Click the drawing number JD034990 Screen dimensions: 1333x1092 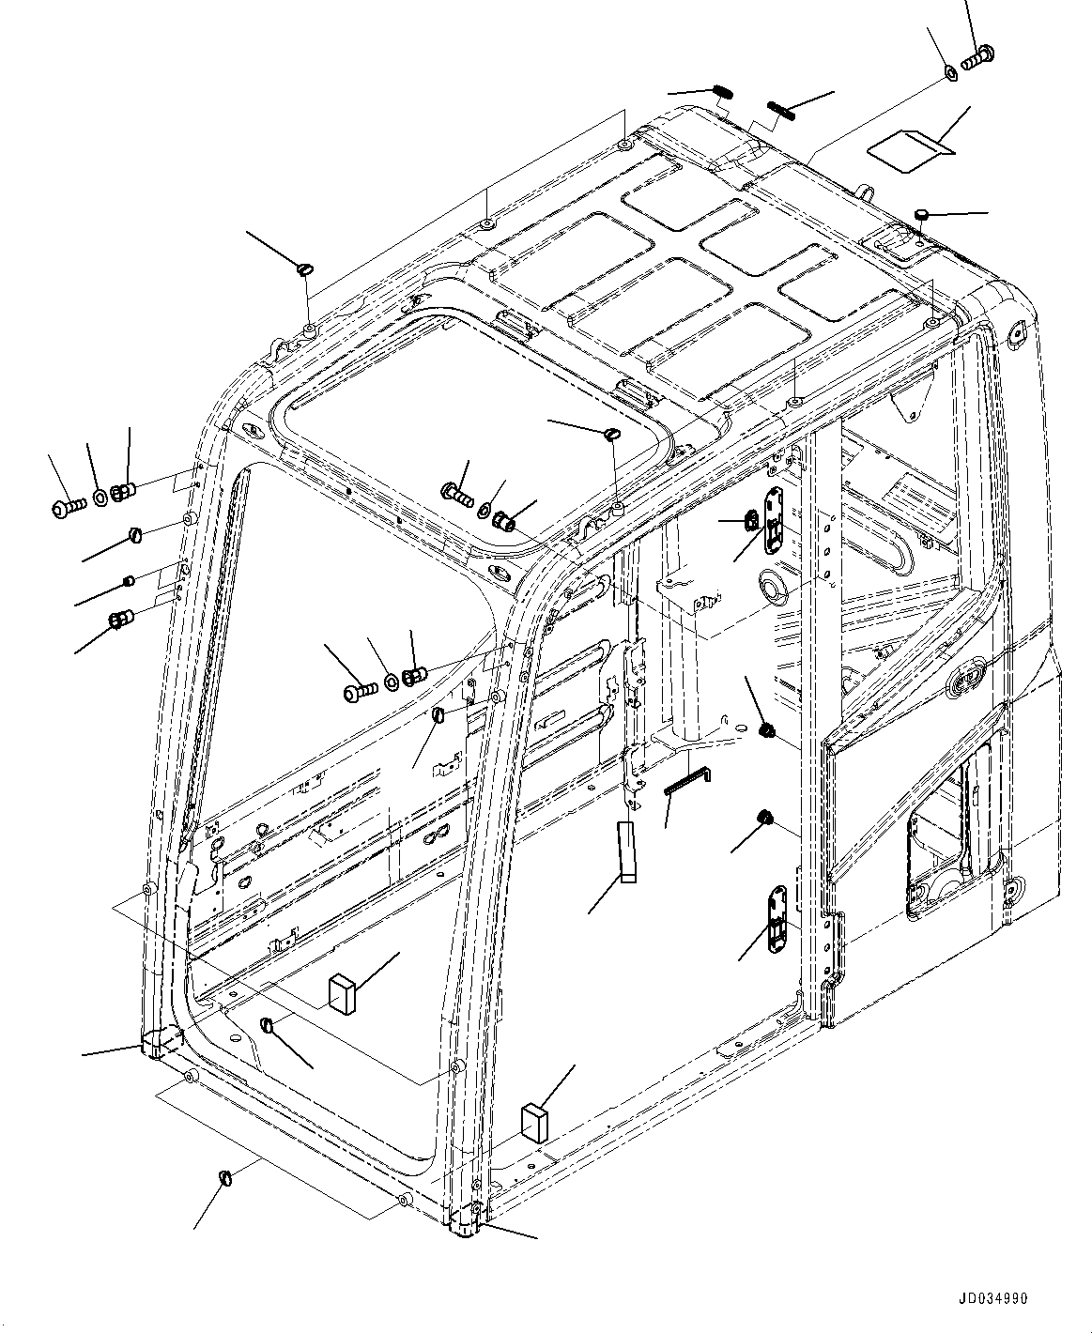[993, 1299]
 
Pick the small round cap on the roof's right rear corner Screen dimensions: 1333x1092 [922, 215]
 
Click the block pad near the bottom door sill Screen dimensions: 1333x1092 [533, 1121]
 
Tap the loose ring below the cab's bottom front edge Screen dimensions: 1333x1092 [225, 1177]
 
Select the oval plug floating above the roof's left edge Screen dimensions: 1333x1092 [305, 269]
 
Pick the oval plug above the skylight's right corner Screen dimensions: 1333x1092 [611, 435]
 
